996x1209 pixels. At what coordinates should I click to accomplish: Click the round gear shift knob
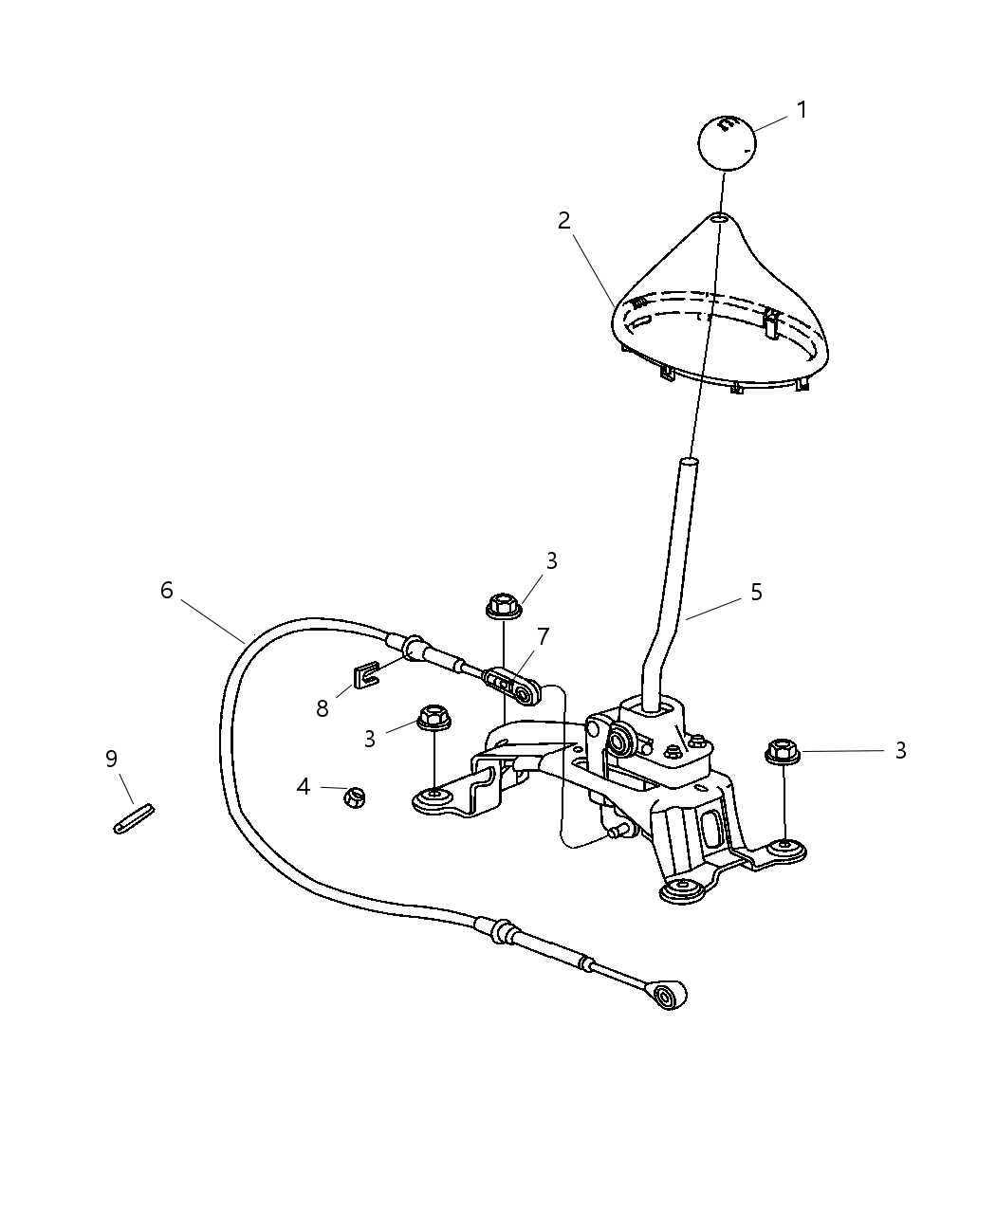coord(726,142)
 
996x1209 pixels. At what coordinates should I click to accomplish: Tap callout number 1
coord(802,110)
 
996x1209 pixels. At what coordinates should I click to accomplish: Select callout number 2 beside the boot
coord(564,221)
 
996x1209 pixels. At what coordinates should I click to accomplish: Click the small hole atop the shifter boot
coord(720,218)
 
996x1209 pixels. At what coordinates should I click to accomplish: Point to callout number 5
coord(756,593)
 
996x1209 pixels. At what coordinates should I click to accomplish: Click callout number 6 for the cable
coord(167,591)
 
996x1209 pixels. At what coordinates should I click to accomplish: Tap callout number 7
coord(544,635)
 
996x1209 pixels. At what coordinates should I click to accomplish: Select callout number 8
coord(323,708)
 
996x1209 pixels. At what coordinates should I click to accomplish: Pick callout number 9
coord(111,759)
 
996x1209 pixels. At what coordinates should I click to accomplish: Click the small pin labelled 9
coord(134,818)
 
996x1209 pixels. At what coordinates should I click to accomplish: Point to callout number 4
coord(304,786)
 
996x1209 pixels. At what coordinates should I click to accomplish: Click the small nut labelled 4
coord(355,797)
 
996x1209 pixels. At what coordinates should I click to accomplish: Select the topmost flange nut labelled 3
coord(504,604)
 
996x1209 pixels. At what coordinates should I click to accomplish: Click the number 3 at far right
coord(899,751)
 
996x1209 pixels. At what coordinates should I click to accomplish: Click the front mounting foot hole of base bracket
coord(680,890)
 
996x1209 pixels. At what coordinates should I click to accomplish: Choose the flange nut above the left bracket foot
coord(433,718)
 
